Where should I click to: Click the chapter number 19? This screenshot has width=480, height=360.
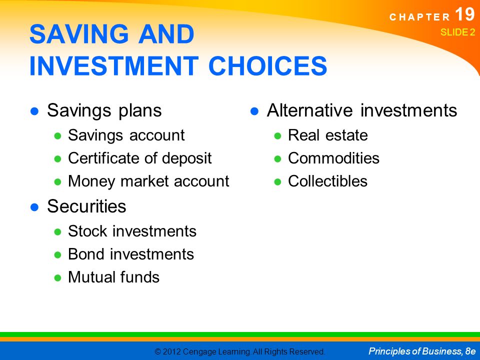point(464,14)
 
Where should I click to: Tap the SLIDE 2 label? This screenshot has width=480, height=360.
point(457,32)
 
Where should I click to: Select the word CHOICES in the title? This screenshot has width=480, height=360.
point(268,65)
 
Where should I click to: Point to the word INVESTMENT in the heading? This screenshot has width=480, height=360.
point(114,65)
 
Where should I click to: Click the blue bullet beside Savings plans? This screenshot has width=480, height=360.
point(34,111)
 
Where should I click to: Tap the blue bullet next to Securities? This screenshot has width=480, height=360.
point(34,207)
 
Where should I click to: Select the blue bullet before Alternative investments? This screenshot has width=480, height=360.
point(254,111)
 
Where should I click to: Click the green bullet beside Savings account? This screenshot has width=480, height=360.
point(58,136)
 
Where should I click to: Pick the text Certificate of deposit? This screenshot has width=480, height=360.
point(140,158)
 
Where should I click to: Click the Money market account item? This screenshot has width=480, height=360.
point(149,181)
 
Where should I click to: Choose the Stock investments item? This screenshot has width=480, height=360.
point(132,231)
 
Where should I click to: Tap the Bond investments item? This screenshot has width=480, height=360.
point(131,254)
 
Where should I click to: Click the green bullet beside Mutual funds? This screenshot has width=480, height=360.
point(58,277)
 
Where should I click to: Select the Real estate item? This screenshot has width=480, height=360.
point(328,135)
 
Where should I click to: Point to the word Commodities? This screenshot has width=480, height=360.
point(333,158)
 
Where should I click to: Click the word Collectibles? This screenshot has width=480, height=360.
point(327,181)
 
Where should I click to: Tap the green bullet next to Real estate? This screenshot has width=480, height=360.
point(277,136)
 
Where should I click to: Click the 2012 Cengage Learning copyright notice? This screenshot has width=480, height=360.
point(239,351)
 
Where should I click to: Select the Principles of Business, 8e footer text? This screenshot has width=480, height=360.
point(422,351)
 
